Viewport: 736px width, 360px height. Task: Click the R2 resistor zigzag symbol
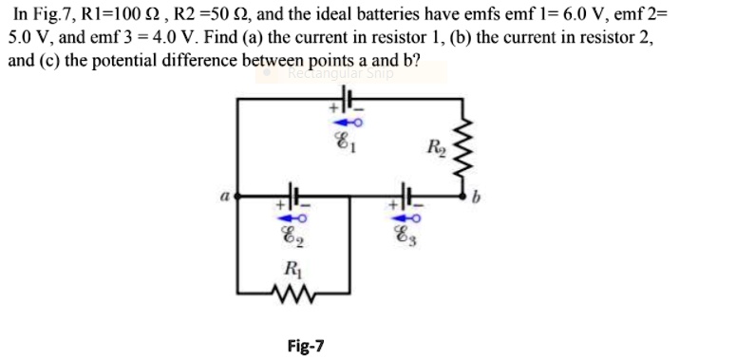tap(464, 142)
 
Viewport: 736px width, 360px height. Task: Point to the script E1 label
tap(347, 146)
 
